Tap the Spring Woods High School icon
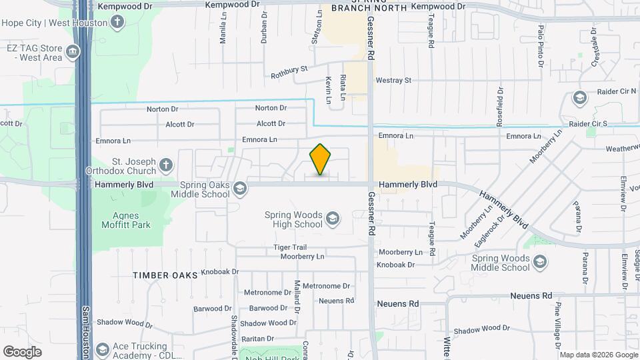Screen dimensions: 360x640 pos(332,219)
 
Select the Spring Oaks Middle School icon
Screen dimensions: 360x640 pos(238,189)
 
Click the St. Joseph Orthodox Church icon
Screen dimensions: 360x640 pos(166,165)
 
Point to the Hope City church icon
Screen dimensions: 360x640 pos(117,23)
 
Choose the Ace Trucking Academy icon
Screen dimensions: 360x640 pos(102,349)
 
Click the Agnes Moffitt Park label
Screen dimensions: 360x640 pos(122,220)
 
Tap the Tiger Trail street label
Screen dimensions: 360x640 pos(289,247)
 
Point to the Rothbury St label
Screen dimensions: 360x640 pos(289,72)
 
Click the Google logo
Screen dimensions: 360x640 pos(23,351)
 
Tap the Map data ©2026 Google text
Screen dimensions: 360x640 pos(598,355)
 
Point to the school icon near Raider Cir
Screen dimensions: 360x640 pos(580,99)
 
